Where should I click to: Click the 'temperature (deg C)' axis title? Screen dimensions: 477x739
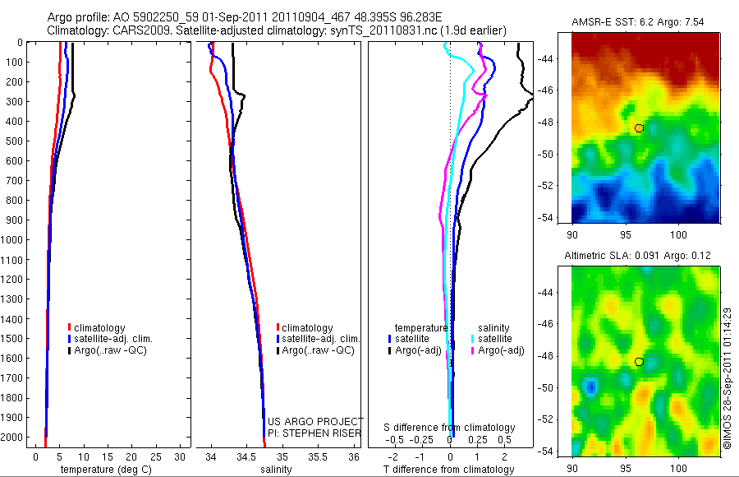(103, 470)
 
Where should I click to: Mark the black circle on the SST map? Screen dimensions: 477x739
(639, 128)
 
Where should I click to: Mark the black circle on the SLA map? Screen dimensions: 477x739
(639, 362)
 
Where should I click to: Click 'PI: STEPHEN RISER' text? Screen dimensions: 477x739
(315, 433)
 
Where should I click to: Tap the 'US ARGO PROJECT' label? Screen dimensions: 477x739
(315, 422)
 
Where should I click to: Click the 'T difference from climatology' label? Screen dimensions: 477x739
(450, 470)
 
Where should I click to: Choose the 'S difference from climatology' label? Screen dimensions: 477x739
(450, 428)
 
